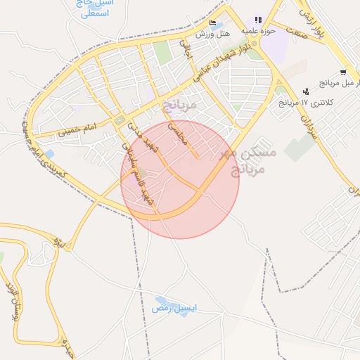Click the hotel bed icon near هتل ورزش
213,23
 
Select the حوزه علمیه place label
258,31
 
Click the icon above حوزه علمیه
259,20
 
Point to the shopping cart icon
342,72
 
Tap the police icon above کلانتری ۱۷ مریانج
306,91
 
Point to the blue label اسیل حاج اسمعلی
93,8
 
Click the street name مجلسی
177,133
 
